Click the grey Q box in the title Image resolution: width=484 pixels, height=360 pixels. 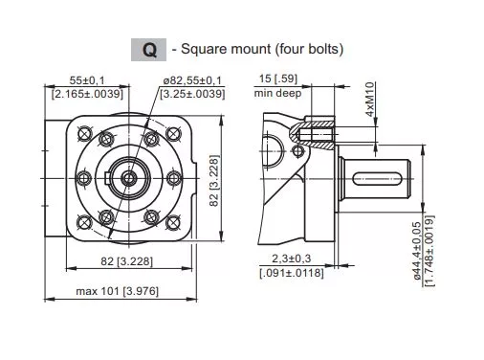(148, 50)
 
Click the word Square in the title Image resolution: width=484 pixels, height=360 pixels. (203, 49)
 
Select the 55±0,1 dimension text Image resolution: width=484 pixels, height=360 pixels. (87, 80)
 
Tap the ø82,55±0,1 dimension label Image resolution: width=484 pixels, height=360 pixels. (192, 80)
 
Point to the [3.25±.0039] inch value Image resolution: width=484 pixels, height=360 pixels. (192, 94)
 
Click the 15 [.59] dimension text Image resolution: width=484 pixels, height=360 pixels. (278, 79)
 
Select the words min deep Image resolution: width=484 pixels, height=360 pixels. (277, 93)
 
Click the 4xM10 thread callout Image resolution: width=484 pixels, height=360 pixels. (370, 100)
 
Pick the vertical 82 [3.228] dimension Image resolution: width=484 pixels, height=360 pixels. (214, 181)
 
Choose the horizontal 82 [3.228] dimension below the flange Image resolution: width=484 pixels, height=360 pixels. (126, 261)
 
